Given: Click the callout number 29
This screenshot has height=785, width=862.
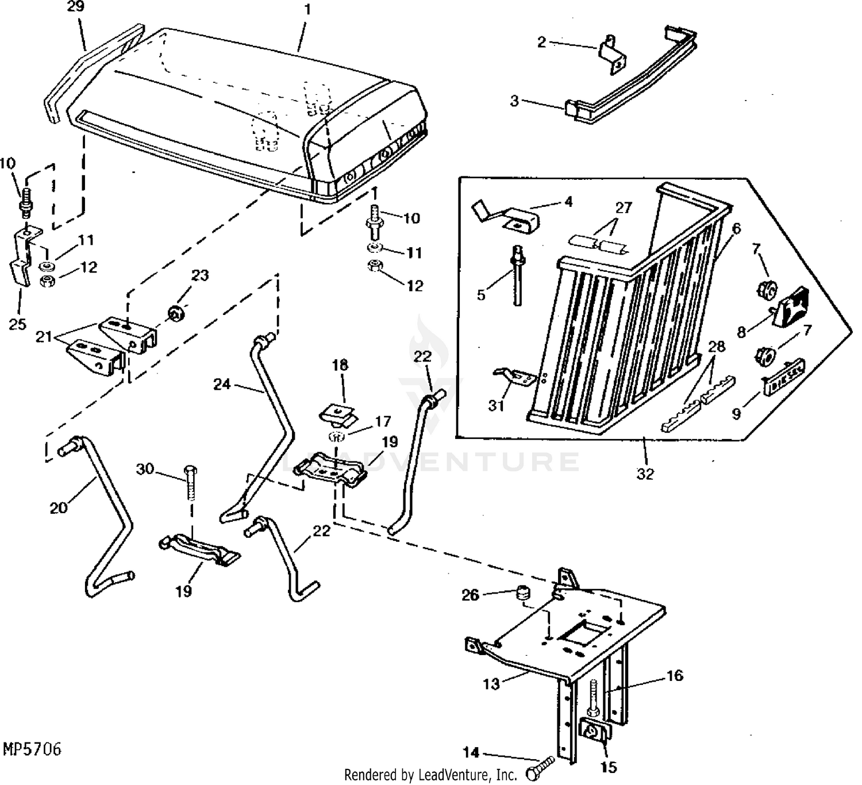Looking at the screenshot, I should (x=75, y=7).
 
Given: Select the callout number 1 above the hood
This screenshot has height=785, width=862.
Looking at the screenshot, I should (x=307, y=10).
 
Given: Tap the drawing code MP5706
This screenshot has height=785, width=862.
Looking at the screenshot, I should (x=32, y=750).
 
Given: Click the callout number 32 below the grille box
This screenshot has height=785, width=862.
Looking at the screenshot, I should (x=645, y=474).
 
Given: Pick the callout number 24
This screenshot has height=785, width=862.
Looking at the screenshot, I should (x=222, y=384).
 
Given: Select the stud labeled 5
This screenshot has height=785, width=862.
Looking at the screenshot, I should (x=517, y=276).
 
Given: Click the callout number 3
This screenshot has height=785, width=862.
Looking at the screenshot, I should (x=514, y=101).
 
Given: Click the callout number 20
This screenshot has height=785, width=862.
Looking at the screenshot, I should (x=59, y=507).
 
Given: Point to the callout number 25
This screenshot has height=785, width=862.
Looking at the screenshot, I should (x=17, y=324).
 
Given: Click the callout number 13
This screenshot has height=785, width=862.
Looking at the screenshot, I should (x=491, y=684).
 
